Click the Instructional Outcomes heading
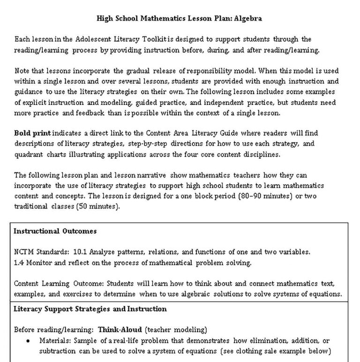[55, 231]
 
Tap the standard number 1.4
[19, 263]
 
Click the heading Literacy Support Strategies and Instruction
[90, 309]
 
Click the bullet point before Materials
[30, 341]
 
